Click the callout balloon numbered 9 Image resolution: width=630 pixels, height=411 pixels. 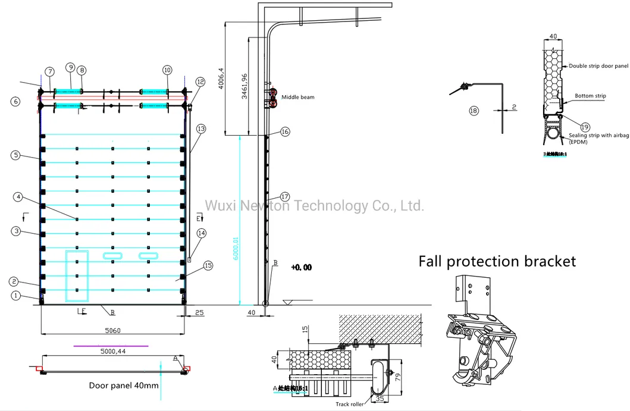(70, 67)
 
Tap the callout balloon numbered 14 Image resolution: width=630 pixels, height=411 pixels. (202, 233)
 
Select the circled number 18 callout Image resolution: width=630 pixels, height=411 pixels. (474, 111)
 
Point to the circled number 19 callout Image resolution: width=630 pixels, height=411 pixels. (585, 126)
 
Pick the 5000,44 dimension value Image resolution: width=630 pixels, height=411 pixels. (114, 352)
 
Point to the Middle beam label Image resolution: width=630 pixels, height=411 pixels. (298, 97)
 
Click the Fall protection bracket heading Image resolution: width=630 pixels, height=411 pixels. (497, 261)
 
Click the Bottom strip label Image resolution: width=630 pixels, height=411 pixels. (590, 95)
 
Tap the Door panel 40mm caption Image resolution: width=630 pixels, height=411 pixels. (124, 385)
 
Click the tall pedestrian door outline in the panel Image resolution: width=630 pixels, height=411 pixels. (77, 274)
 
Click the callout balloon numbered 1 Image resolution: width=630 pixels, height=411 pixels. (15, 296)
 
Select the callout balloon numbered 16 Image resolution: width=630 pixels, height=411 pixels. (285, 132)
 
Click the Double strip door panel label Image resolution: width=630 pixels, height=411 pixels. (598, 66)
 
